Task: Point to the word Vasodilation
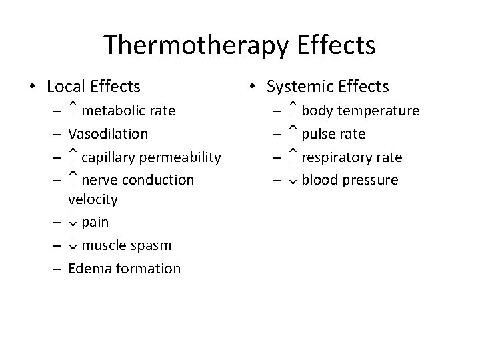pos(108,133)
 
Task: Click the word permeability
pos(179,157)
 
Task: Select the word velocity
pos(93,199)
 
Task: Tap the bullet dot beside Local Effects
pos(31,87)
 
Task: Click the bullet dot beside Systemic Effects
pos(251,87)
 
